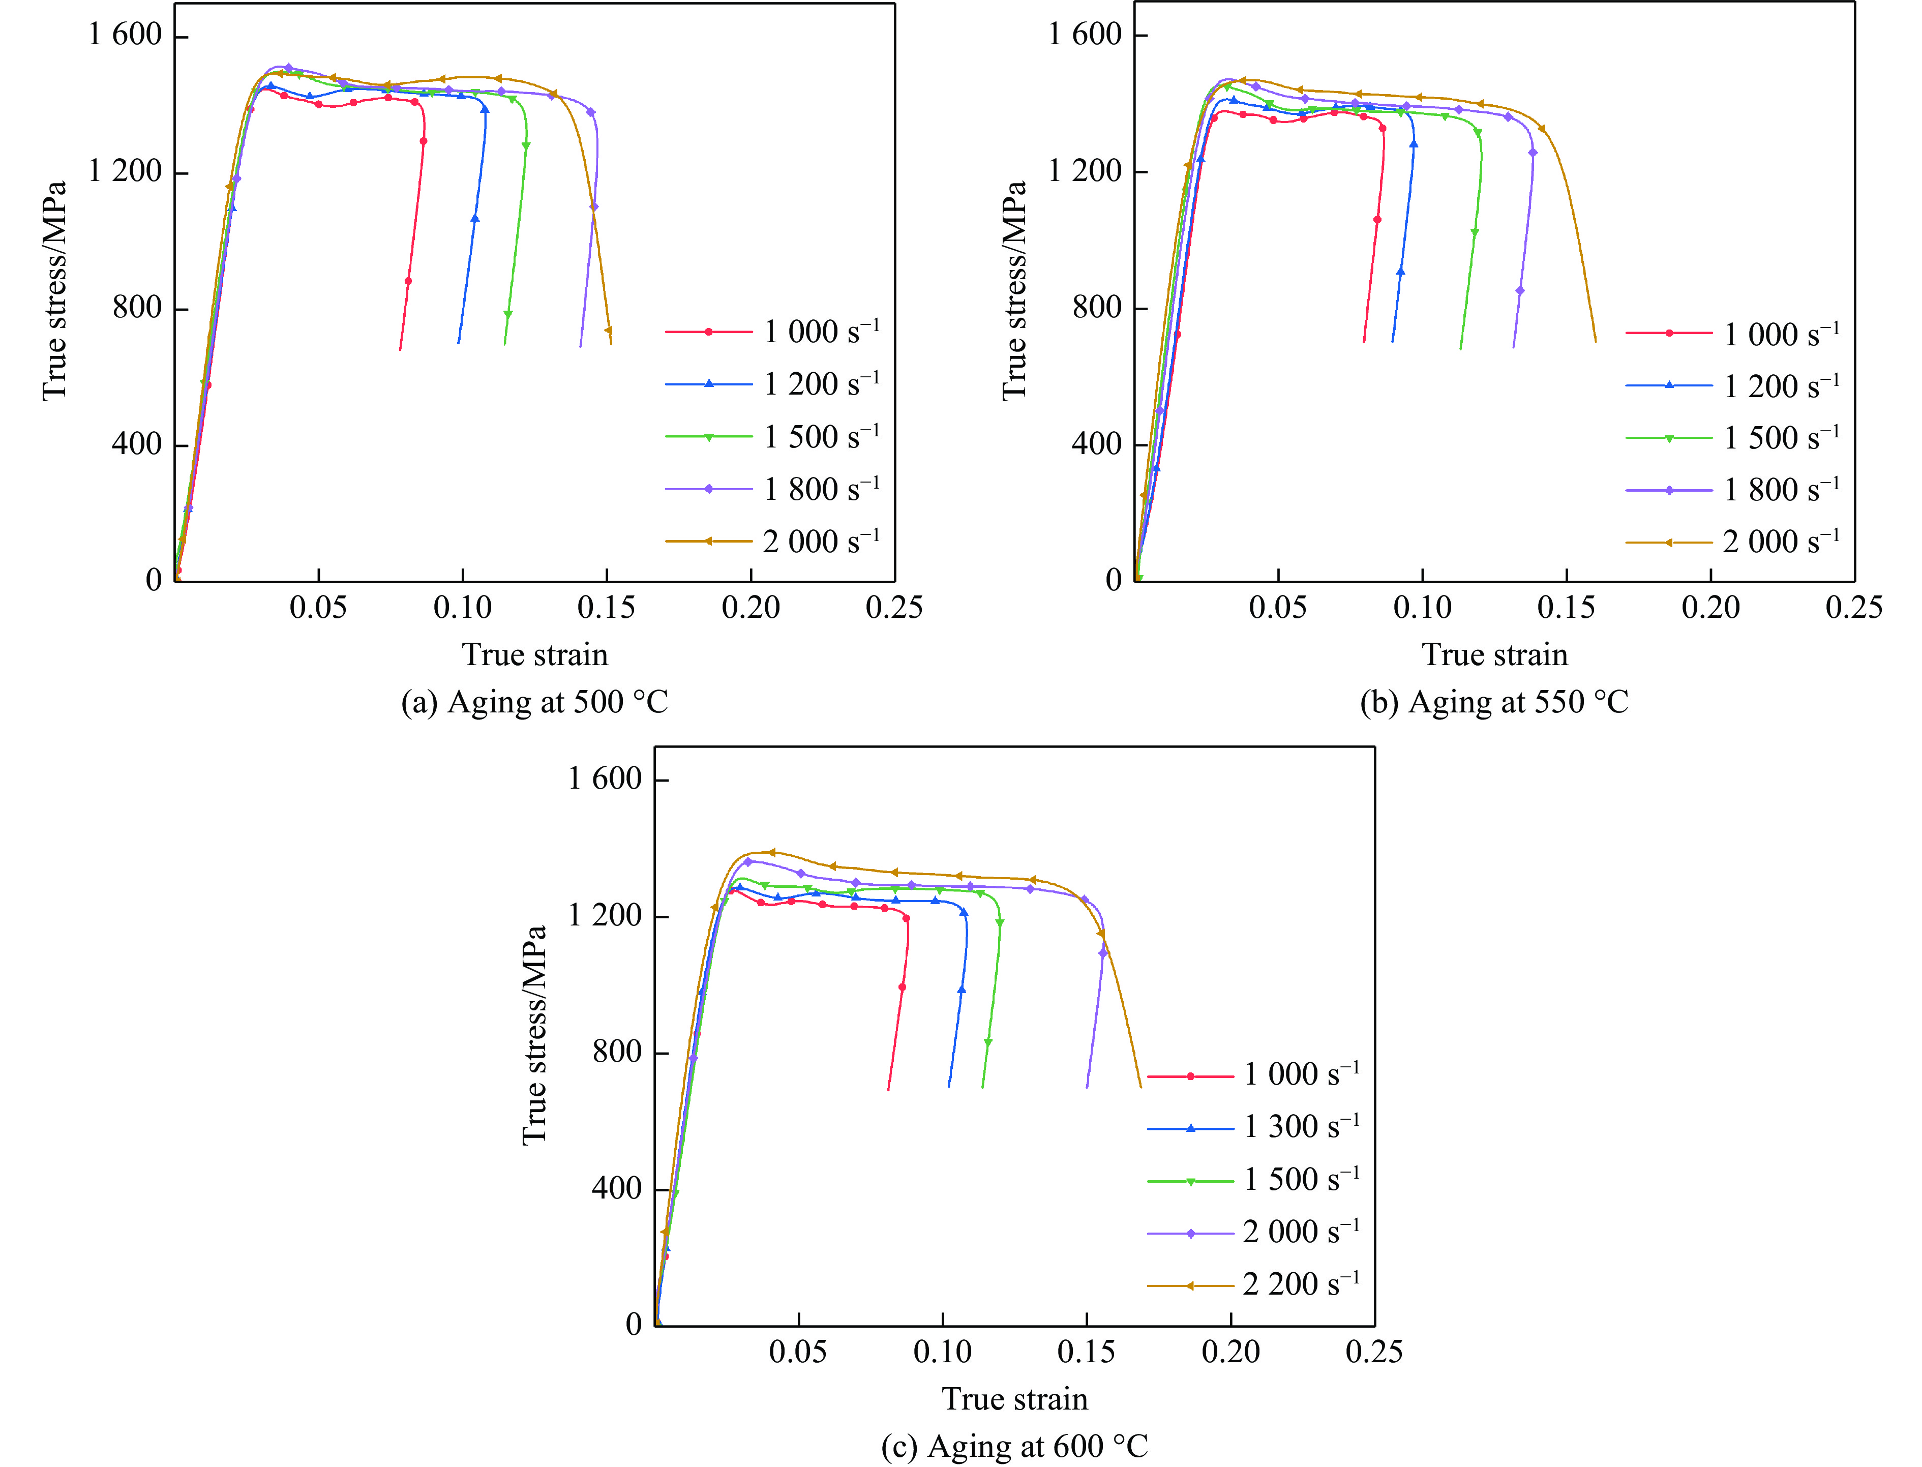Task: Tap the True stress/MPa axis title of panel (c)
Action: [534, 1035]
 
